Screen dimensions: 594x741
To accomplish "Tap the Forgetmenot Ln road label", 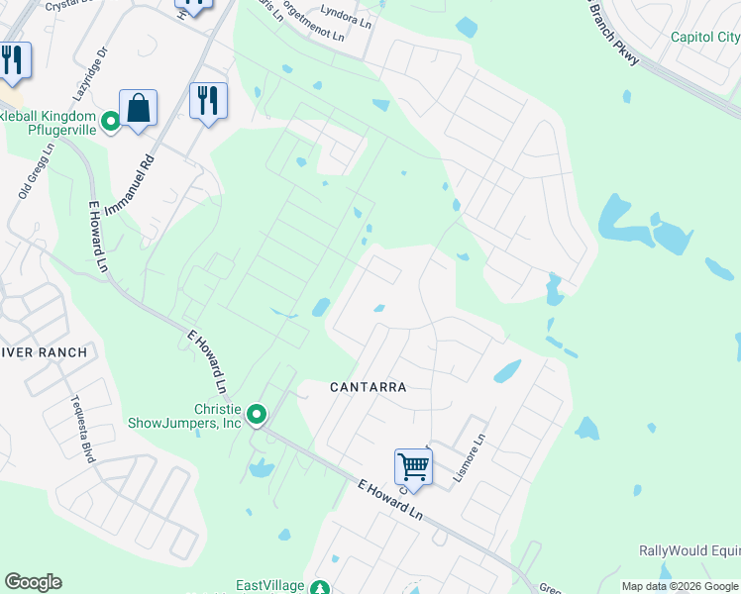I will [x=310, y=22].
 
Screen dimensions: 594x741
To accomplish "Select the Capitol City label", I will [x=704, y=38].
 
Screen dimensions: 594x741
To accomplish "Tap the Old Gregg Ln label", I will [x=36, y=170].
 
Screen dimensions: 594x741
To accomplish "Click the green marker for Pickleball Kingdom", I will [x=111, y=121].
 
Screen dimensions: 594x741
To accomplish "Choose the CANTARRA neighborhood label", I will [x=368, y=387].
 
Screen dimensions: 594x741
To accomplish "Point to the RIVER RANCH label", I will [x=44, y=351].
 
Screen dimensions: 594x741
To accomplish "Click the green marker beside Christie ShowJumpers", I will [x=257, y=415].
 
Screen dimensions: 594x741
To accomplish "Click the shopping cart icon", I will [x=413, y=465].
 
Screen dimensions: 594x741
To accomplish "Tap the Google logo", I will [x=33, y=582].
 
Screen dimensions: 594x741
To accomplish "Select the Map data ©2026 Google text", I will [x=680, y=586].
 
